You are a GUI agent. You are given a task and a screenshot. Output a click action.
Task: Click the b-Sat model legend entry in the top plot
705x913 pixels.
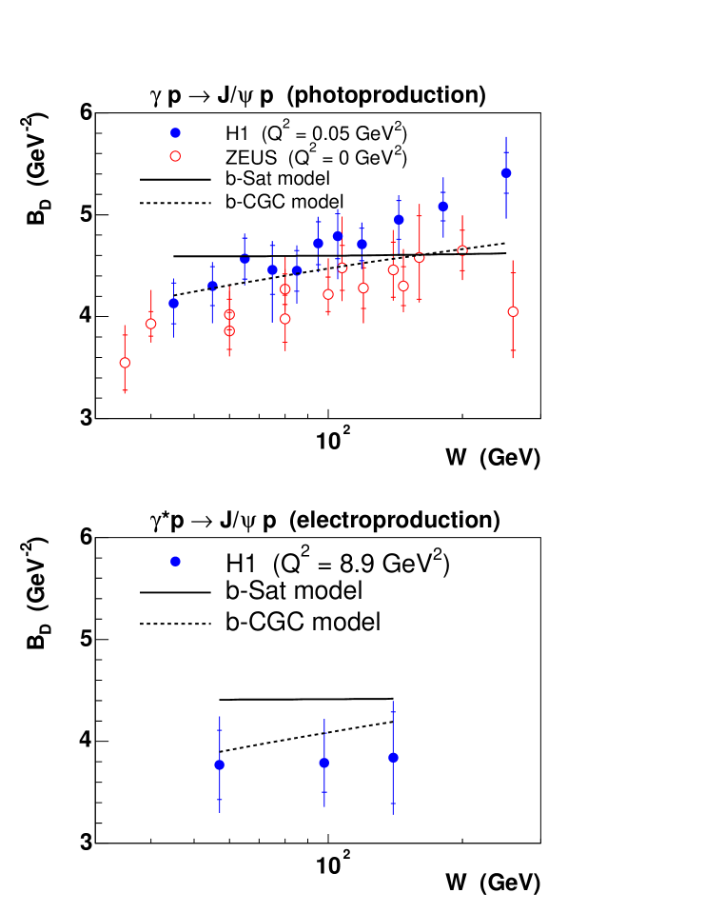(277, 178)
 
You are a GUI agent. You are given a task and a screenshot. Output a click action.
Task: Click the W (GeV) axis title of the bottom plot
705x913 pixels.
(493, 882)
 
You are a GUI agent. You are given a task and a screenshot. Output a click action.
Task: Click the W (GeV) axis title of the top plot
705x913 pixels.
(493, 457)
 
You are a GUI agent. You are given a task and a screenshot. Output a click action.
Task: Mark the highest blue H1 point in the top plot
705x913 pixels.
(506, 173)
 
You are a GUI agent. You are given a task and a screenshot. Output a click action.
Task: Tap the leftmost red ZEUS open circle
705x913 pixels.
(125, 363)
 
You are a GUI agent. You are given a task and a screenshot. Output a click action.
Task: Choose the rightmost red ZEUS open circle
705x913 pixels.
(513, 311)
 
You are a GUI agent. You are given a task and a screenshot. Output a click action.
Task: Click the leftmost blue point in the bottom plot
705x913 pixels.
(220, 764)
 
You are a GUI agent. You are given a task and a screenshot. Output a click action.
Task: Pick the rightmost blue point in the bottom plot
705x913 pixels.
(393, 758)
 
